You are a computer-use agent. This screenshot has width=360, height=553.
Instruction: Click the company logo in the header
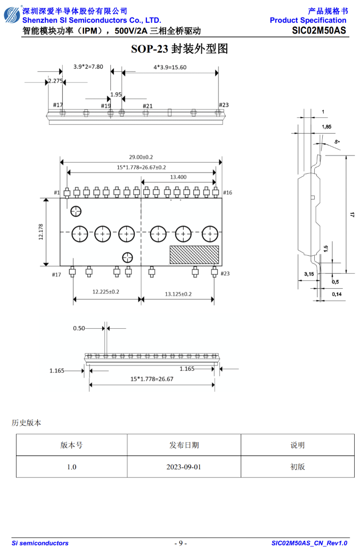(x=12, y=15)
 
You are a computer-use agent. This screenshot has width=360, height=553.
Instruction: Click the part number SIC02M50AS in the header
(x=319, y=31)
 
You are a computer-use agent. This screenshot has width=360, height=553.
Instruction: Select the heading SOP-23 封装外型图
(x=179, y=48)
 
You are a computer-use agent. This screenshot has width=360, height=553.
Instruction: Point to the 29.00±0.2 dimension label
(x=141, y=157)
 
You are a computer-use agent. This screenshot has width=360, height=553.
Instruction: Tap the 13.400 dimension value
(x=178, y=177)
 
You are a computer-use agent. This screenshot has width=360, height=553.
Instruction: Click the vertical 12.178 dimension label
(x=41, y=232)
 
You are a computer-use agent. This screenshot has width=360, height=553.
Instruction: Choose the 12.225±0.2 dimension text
(x=106, y=291)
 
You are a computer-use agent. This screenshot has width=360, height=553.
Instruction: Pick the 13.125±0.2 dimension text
(x=178, y=294)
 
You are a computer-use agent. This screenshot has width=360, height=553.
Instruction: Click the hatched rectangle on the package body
(x=194, y=255)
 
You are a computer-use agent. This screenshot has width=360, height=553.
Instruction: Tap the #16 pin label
(x=228, y=192)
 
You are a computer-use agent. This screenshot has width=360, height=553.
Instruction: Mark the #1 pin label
(x=57, y=192)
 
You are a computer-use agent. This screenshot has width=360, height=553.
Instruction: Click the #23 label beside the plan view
(x=225, y=273)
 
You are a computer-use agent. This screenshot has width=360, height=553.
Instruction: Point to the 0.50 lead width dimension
(x=79, y=328)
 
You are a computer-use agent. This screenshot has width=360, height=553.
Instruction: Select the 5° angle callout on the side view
(x=337, y=142)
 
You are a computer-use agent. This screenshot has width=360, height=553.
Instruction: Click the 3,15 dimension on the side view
(x=309, y=274)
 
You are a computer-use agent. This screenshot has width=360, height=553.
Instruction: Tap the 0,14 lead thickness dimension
(x=337, y=294)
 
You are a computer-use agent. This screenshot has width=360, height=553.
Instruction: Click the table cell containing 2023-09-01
(x=184, y=467)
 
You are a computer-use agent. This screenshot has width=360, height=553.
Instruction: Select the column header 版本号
(x=71, y=445)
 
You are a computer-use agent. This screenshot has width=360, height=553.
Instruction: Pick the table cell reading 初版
(x=298, y=467)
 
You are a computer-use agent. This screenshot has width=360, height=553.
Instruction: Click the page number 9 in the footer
(x=181, y=543)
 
